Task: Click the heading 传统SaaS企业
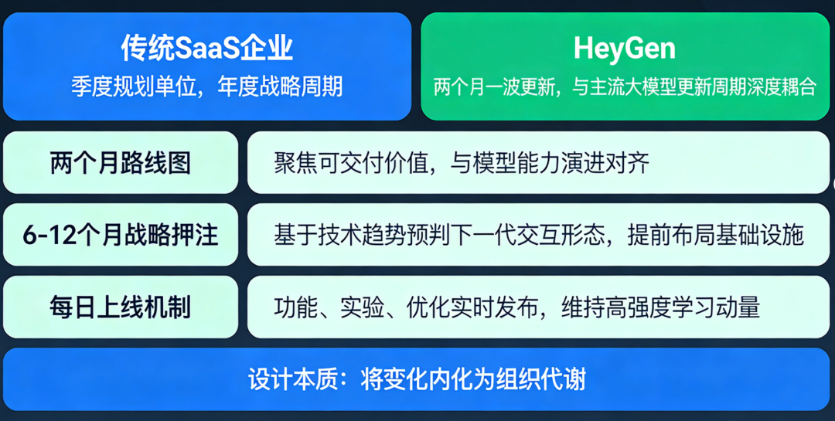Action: [206, 49]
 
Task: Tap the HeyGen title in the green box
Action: [625, 49]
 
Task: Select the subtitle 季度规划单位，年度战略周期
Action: [206, 87]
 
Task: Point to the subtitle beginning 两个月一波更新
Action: [625, 87]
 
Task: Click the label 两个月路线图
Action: [121, 163]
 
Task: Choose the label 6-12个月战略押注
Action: [121, 235]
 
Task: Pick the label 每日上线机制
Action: [121, 307]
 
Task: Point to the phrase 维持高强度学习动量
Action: [660, 307]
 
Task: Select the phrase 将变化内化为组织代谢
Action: [473, 380]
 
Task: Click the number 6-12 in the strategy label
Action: [46, 236]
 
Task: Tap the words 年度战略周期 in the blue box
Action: [280, 87]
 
